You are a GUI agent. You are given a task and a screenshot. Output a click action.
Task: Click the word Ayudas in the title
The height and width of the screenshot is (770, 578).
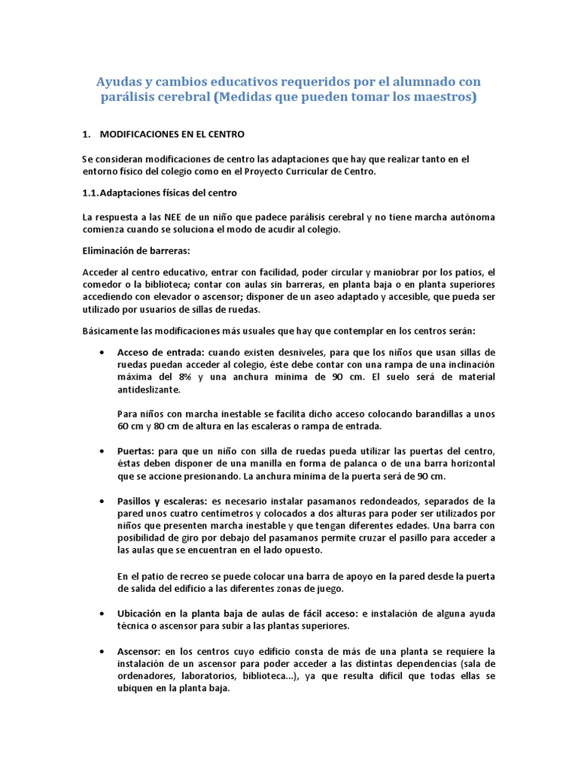tap(121, 81)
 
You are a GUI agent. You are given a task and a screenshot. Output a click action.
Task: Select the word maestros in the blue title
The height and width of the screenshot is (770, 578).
tap(440, 98)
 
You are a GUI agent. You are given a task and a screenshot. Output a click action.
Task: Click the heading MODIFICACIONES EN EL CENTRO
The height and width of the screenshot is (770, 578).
tap(172, 134)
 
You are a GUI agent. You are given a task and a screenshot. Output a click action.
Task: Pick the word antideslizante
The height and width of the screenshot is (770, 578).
tap(149, 390)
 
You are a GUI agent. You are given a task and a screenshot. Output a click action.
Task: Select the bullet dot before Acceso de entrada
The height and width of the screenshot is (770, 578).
tap(102, 353)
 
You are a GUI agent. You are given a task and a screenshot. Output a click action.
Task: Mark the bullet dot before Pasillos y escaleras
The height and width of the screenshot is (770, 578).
tap(102, 501)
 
